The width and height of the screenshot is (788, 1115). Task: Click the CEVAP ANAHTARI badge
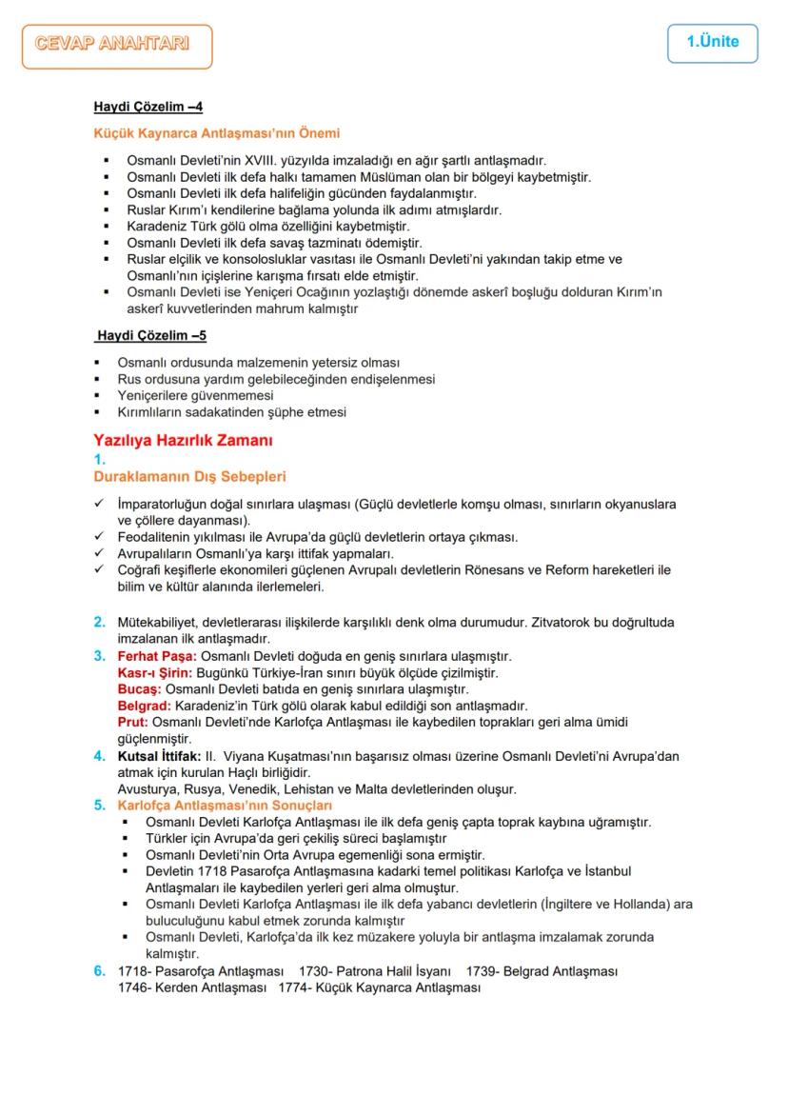click(117, 46)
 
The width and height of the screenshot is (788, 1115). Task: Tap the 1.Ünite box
click(712, 43)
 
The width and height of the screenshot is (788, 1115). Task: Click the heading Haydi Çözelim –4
click(148, 107)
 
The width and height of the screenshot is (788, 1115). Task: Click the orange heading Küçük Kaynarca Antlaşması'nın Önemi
click(216, 133)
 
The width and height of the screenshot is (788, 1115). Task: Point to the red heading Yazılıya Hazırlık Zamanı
click(183, 441)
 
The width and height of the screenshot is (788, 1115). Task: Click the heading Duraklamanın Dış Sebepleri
click(189, 476)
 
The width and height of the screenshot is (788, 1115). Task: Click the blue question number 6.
click(99, 971)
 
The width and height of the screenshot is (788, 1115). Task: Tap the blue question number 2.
click(99, 623)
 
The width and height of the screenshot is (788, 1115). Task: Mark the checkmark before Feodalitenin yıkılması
click(99, 537)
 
